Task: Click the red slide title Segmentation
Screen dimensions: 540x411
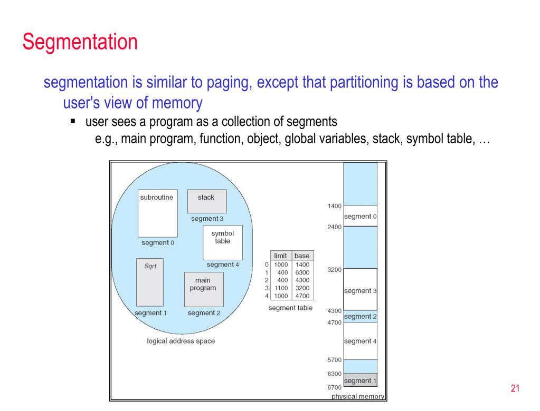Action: [80, 42]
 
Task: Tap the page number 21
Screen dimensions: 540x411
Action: [515, 388]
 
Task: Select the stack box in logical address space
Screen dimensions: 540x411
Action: [207, 201]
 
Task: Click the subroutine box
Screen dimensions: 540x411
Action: [158, 213]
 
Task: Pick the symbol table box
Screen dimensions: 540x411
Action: [223, 242]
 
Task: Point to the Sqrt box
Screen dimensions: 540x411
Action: [150, 282]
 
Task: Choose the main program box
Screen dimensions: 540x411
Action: [204, 289]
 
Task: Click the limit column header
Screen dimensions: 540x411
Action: [280, 256]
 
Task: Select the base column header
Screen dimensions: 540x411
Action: [302, 256]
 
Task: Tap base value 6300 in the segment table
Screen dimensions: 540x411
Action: [302, 272]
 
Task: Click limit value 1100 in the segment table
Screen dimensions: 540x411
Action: [281, 288]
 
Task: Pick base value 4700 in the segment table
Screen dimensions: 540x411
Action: [302, 296]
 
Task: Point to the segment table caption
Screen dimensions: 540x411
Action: [291, 308]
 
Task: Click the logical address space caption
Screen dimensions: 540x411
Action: [181, 341]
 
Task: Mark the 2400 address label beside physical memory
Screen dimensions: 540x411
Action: [335, 227]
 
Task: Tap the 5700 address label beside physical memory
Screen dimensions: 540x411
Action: [335, 360]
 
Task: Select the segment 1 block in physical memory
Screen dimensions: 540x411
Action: [360, 380]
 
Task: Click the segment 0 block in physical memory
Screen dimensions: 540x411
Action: [360, 216]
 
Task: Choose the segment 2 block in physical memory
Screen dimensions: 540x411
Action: [360, 317]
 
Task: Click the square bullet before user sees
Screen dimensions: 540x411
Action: [73, 121]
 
